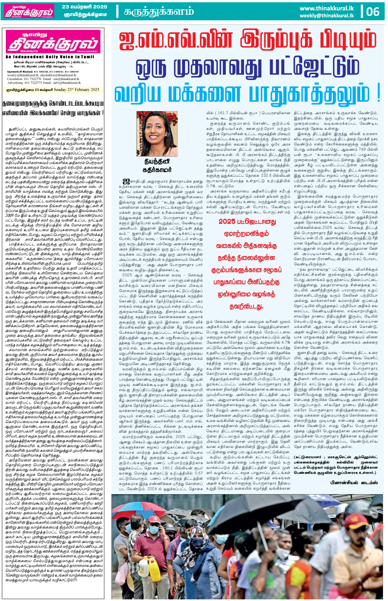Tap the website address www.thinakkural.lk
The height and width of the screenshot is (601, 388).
[327, 8]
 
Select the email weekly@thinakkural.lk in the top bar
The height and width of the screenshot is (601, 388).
[327, 16]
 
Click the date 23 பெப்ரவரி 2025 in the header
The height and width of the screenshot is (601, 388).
[85, 7]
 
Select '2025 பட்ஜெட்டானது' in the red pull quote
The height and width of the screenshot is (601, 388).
[247, 221]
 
